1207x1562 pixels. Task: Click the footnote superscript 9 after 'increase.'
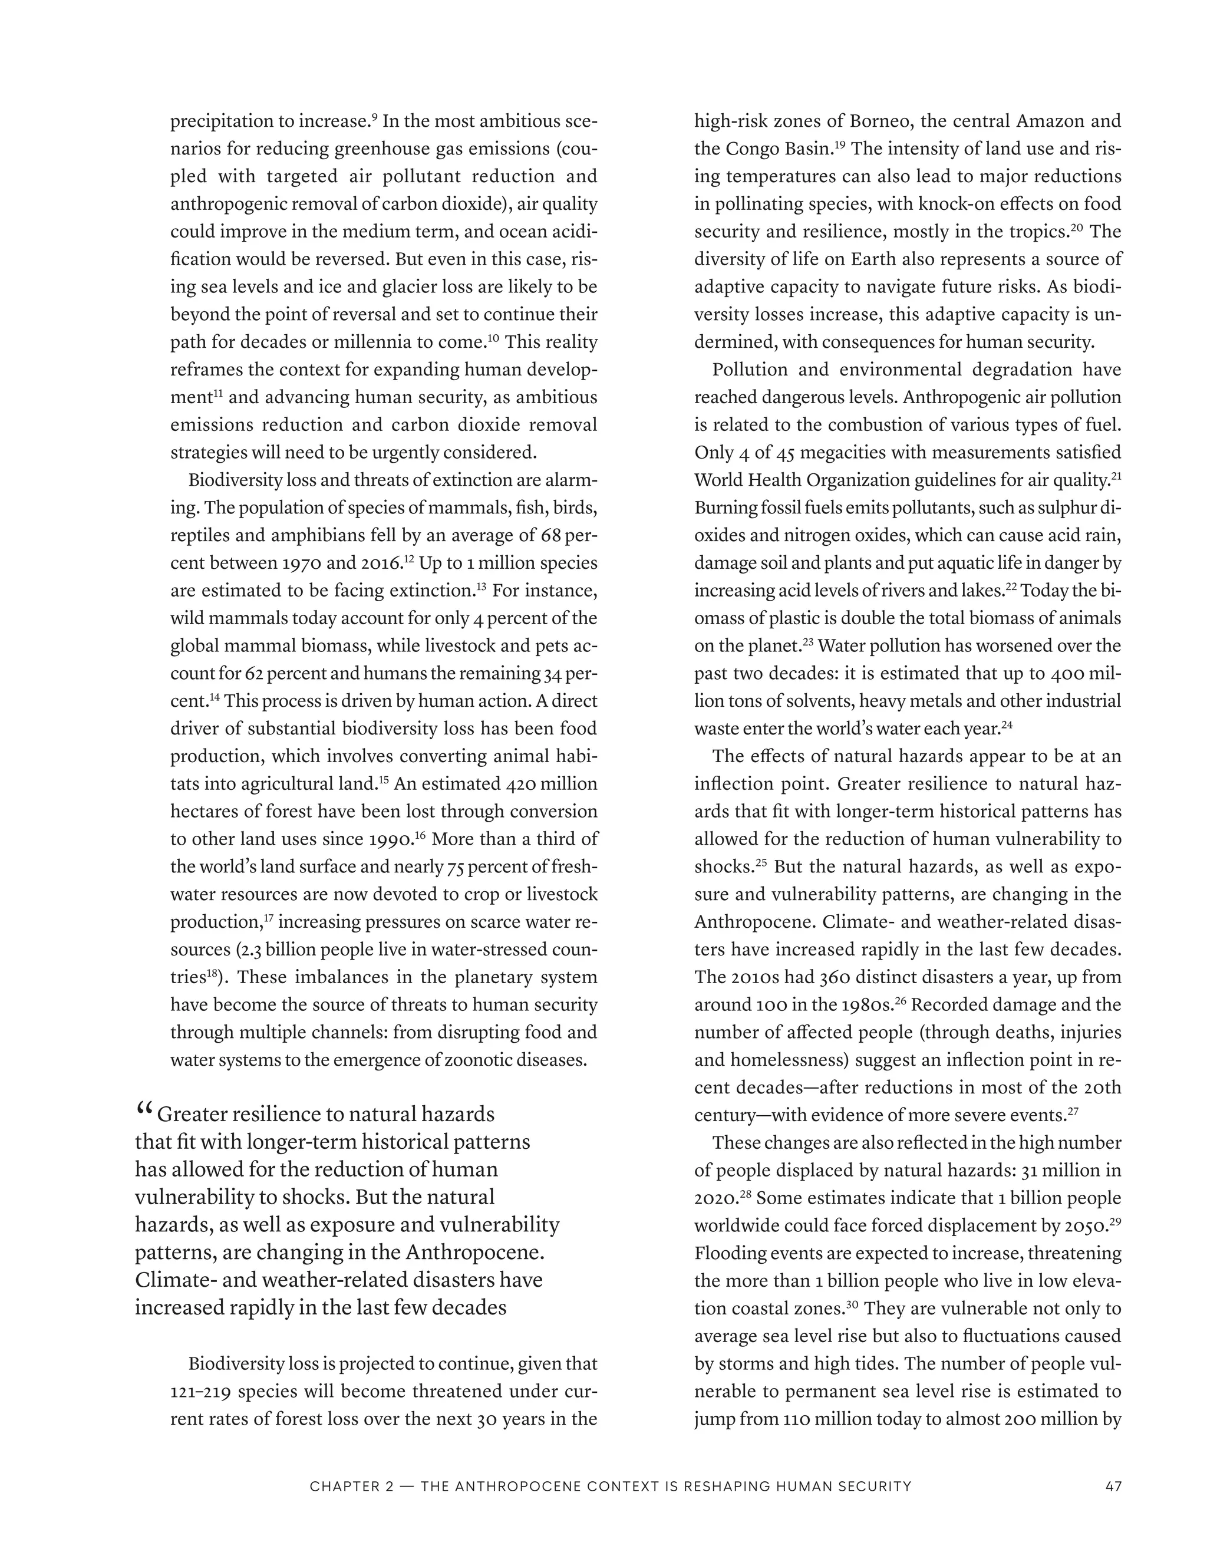coord(375,117)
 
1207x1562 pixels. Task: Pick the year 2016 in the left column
coord(379,563)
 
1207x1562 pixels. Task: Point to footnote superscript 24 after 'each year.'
coord(1007,725)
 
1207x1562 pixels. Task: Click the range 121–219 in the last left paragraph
coord(200,1392)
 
